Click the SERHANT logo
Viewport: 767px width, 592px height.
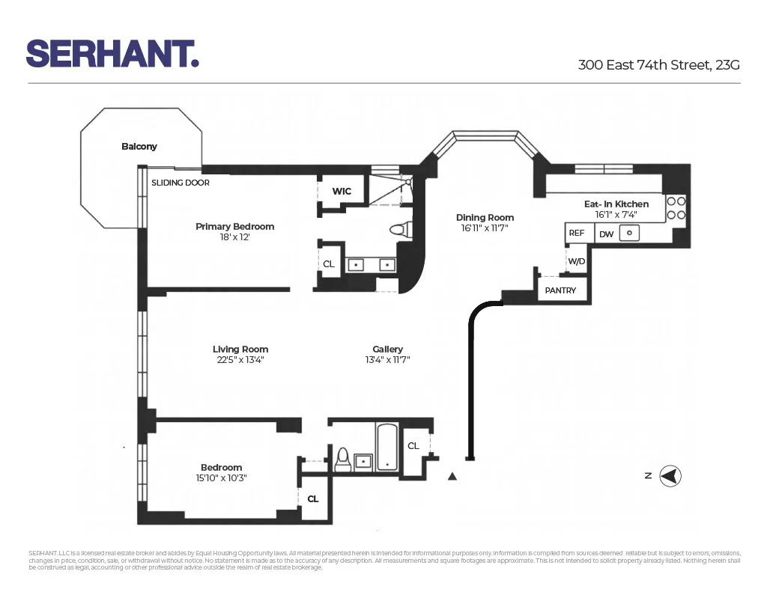112,53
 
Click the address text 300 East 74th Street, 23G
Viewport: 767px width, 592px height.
658,64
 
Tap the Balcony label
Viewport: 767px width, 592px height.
139,147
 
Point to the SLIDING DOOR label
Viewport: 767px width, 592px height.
181,183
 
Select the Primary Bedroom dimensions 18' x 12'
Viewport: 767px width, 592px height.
234,237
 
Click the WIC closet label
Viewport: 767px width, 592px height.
342,192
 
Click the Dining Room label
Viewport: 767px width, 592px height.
485,218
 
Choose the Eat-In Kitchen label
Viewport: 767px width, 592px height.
616,204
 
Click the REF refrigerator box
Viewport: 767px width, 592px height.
576,234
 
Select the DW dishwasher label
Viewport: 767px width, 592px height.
606,234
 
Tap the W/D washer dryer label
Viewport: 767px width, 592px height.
576,261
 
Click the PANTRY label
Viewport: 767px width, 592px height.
560,290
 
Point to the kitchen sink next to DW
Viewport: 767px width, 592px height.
631,234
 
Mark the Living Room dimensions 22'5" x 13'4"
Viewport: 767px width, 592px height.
240,360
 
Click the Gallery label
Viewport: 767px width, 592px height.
387,349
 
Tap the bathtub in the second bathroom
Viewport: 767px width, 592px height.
387,448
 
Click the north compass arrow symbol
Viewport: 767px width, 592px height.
670,475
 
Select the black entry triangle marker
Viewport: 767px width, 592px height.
452,476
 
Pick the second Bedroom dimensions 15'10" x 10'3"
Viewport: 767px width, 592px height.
221,477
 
